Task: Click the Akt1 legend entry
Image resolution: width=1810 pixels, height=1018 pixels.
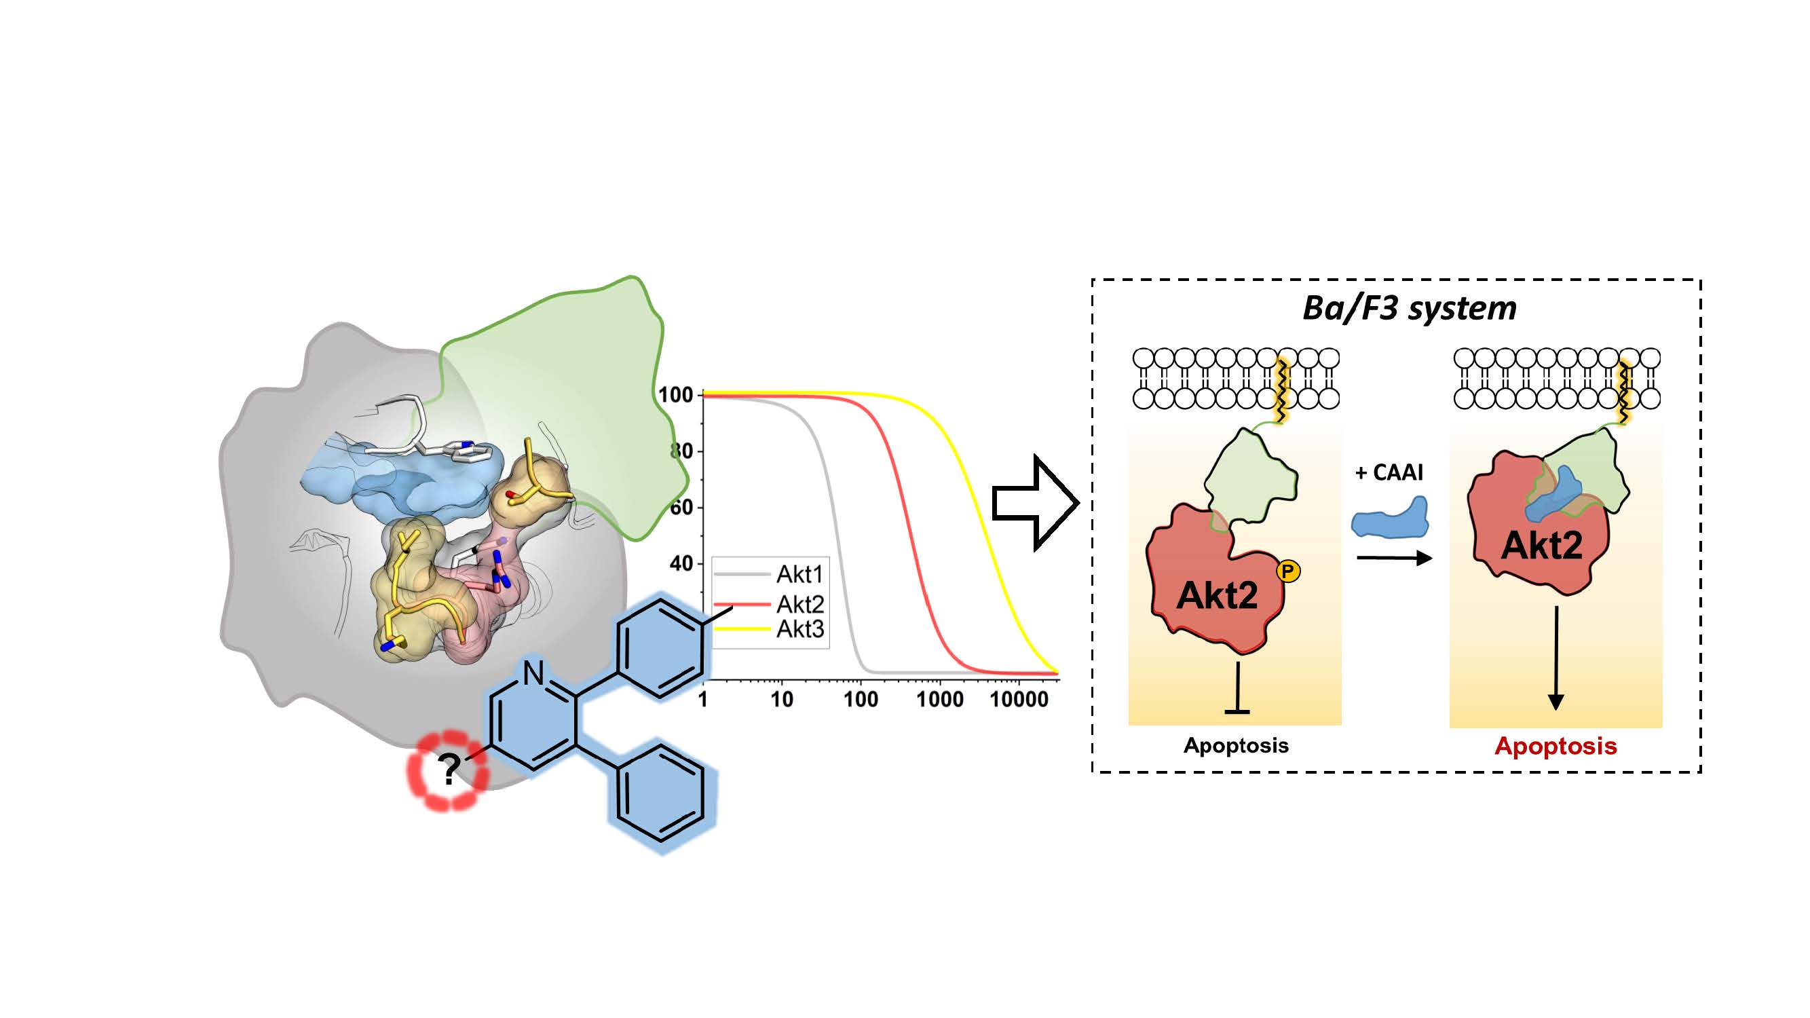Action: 799,574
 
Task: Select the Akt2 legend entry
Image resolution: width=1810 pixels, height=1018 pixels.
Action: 799,603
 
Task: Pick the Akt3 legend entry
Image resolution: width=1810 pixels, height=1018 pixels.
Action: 799,629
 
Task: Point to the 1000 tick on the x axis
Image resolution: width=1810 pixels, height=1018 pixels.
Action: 939,699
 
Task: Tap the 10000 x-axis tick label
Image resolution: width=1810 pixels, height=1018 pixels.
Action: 1018,699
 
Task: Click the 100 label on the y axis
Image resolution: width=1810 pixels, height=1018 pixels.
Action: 676,395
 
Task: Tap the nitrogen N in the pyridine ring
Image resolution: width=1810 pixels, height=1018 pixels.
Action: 534,673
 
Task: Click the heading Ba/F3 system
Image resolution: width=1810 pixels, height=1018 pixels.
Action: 1409,307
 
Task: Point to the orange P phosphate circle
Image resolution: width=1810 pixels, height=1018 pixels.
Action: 1287,571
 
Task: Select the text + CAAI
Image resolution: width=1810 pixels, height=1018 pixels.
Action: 1389,472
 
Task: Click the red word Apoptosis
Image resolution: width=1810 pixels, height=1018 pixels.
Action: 1555,745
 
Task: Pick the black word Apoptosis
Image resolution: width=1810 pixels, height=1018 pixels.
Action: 1236,744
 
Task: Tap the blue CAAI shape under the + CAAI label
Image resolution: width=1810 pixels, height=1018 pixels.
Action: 1391,518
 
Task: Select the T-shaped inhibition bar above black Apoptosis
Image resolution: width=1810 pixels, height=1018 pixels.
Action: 1237,688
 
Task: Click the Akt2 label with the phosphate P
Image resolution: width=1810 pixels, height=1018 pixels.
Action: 1216,596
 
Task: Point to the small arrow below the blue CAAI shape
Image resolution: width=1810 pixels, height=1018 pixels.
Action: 1394,558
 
